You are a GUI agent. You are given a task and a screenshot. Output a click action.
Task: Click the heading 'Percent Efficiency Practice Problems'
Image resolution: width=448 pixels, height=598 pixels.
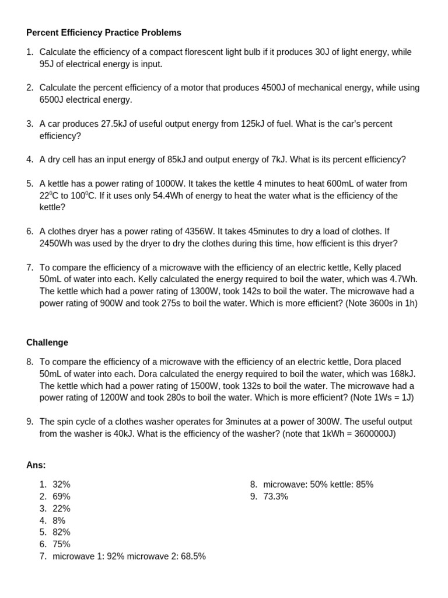coord(104,33)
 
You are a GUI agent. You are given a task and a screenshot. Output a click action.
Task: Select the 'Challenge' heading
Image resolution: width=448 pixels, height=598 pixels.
coord(47,343)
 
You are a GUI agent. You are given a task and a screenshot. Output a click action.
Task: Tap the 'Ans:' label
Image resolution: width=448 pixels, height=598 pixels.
coord(36,465)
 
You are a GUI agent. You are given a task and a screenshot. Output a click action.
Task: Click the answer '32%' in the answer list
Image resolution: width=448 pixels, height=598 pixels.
coord(61,485)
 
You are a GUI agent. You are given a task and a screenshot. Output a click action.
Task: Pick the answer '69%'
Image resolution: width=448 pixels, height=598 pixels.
coord(61,497)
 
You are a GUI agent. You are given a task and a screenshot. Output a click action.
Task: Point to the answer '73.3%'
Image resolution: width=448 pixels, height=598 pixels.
coord(275,497)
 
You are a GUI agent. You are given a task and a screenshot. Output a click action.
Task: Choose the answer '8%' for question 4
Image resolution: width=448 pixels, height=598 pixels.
coord(59,521)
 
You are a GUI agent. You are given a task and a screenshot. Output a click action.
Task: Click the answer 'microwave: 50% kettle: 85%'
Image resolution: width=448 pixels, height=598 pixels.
coord(318,485)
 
